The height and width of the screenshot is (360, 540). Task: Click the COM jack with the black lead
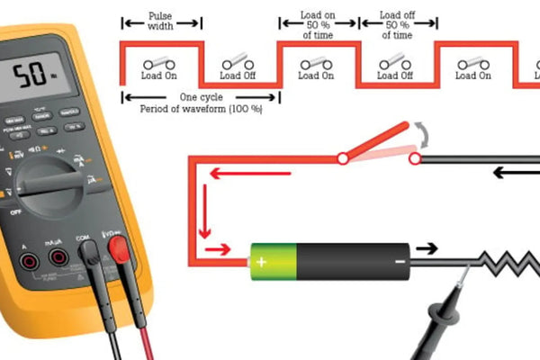click(90, 255)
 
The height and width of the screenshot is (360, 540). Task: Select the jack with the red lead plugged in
click(116, 247)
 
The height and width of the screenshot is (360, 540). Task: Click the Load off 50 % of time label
click(396, 24)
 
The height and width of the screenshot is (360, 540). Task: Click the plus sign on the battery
click(262, 262)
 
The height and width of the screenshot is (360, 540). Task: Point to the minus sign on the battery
click(399, 262)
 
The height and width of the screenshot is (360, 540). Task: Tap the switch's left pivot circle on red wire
click(342, 159)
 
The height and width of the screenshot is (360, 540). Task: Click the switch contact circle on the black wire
click(415, 159)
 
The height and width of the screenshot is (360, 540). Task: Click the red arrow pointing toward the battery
click(219, 249)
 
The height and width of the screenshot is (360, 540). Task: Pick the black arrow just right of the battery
click(427, 248)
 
